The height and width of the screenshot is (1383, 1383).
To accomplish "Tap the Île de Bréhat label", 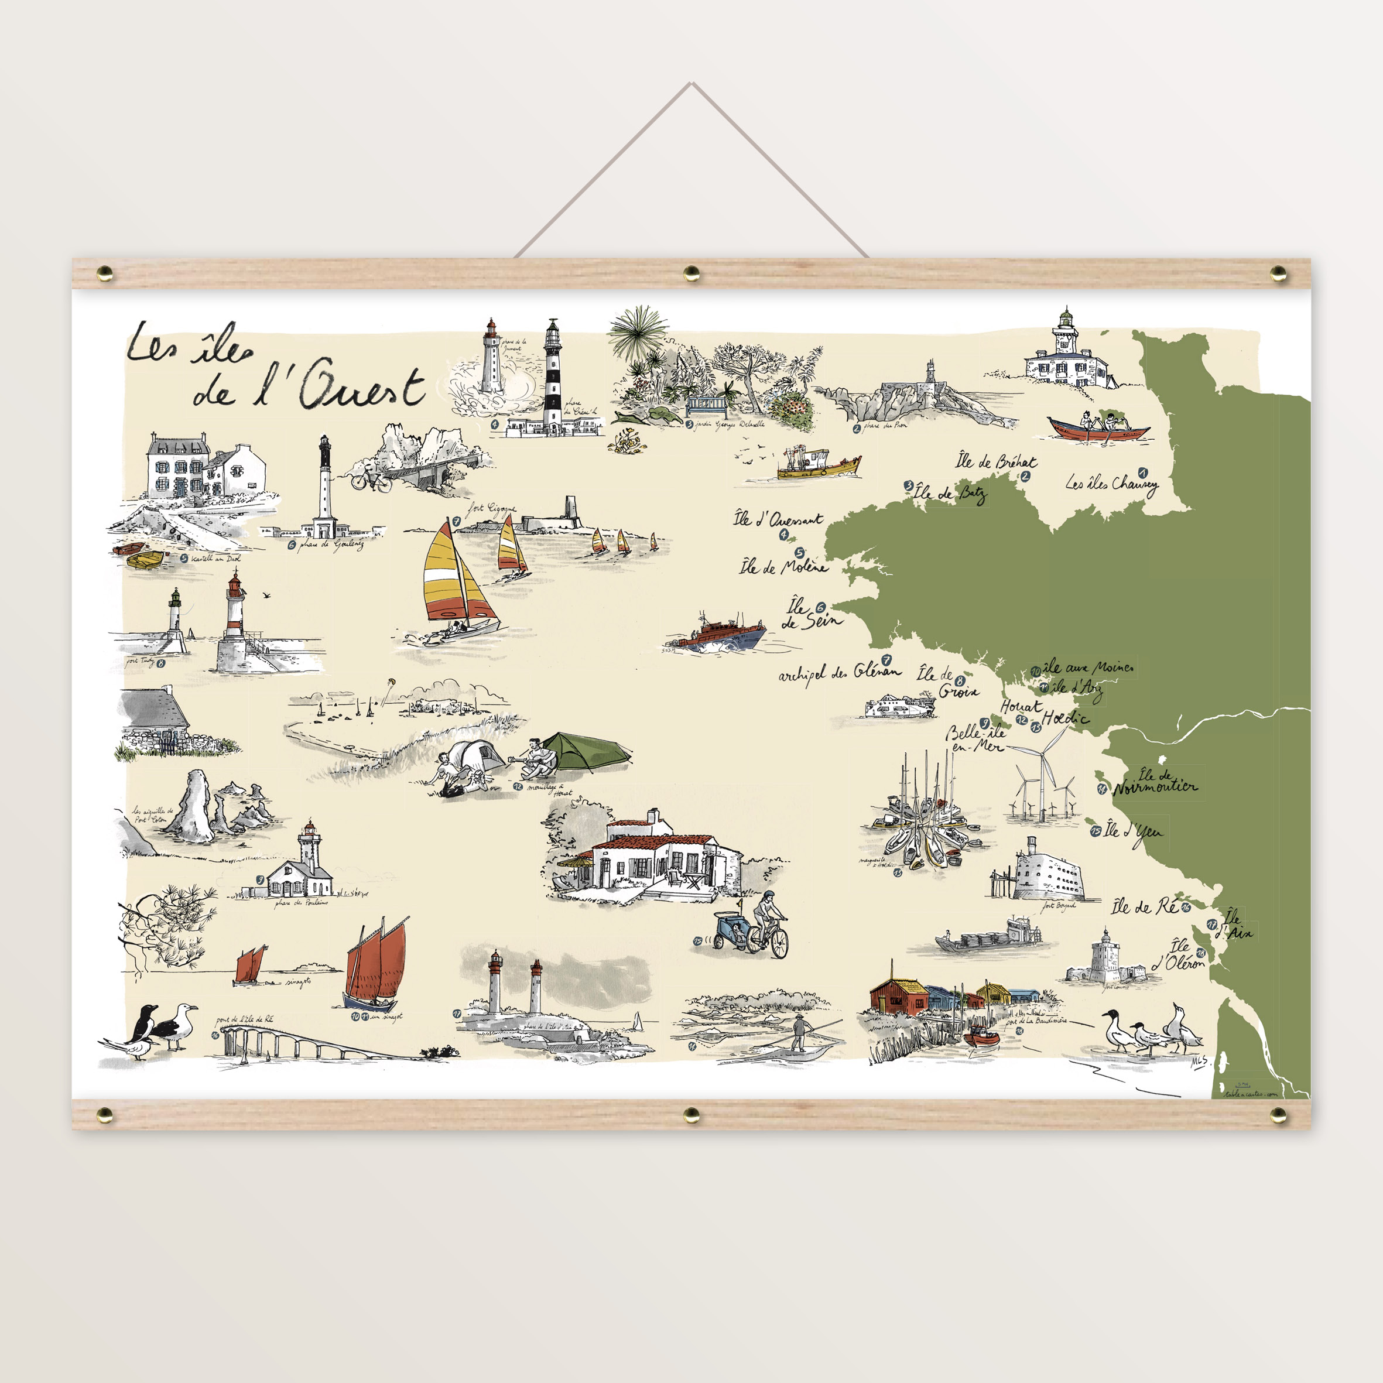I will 995,462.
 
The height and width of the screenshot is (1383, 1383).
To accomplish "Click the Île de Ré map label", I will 1144,907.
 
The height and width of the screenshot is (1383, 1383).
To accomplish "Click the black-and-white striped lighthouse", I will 552,376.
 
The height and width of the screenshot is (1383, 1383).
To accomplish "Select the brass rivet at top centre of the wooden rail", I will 691,272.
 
